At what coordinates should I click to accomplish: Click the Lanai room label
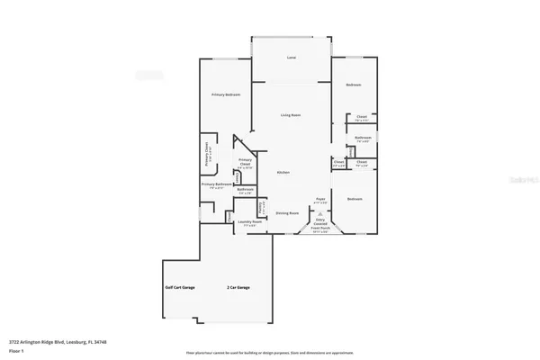click(x=291, y=58)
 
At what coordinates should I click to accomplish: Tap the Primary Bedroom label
click(x=226, y=94)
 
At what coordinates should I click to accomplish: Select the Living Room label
click(x=290, y=115)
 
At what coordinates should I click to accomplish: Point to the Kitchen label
click(x=283, y=172)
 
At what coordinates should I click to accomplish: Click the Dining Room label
click(x=287, y=213)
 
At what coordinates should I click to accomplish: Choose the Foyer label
click(x=319, y=198)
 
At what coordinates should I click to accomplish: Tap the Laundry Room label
click(x=249, y=221)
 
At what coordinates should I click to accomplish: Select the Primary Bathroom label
click(x=217, y=184)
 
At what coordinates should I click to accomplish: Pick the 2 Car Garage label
click(x=238, y=288)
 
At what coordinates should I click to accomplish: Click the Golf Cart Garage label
click(x=180, y=287)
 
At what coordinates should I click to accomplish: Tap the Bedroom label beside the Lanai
click(x=354, y=85)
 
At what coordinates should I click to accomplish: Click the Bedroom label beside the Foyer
click(x=354, y=198)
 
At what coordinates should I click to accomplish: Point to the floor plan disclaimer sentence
click(x=270, y=353)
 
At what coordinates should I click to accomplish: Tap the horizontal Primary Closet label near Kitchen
click(x=245, y=163)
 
